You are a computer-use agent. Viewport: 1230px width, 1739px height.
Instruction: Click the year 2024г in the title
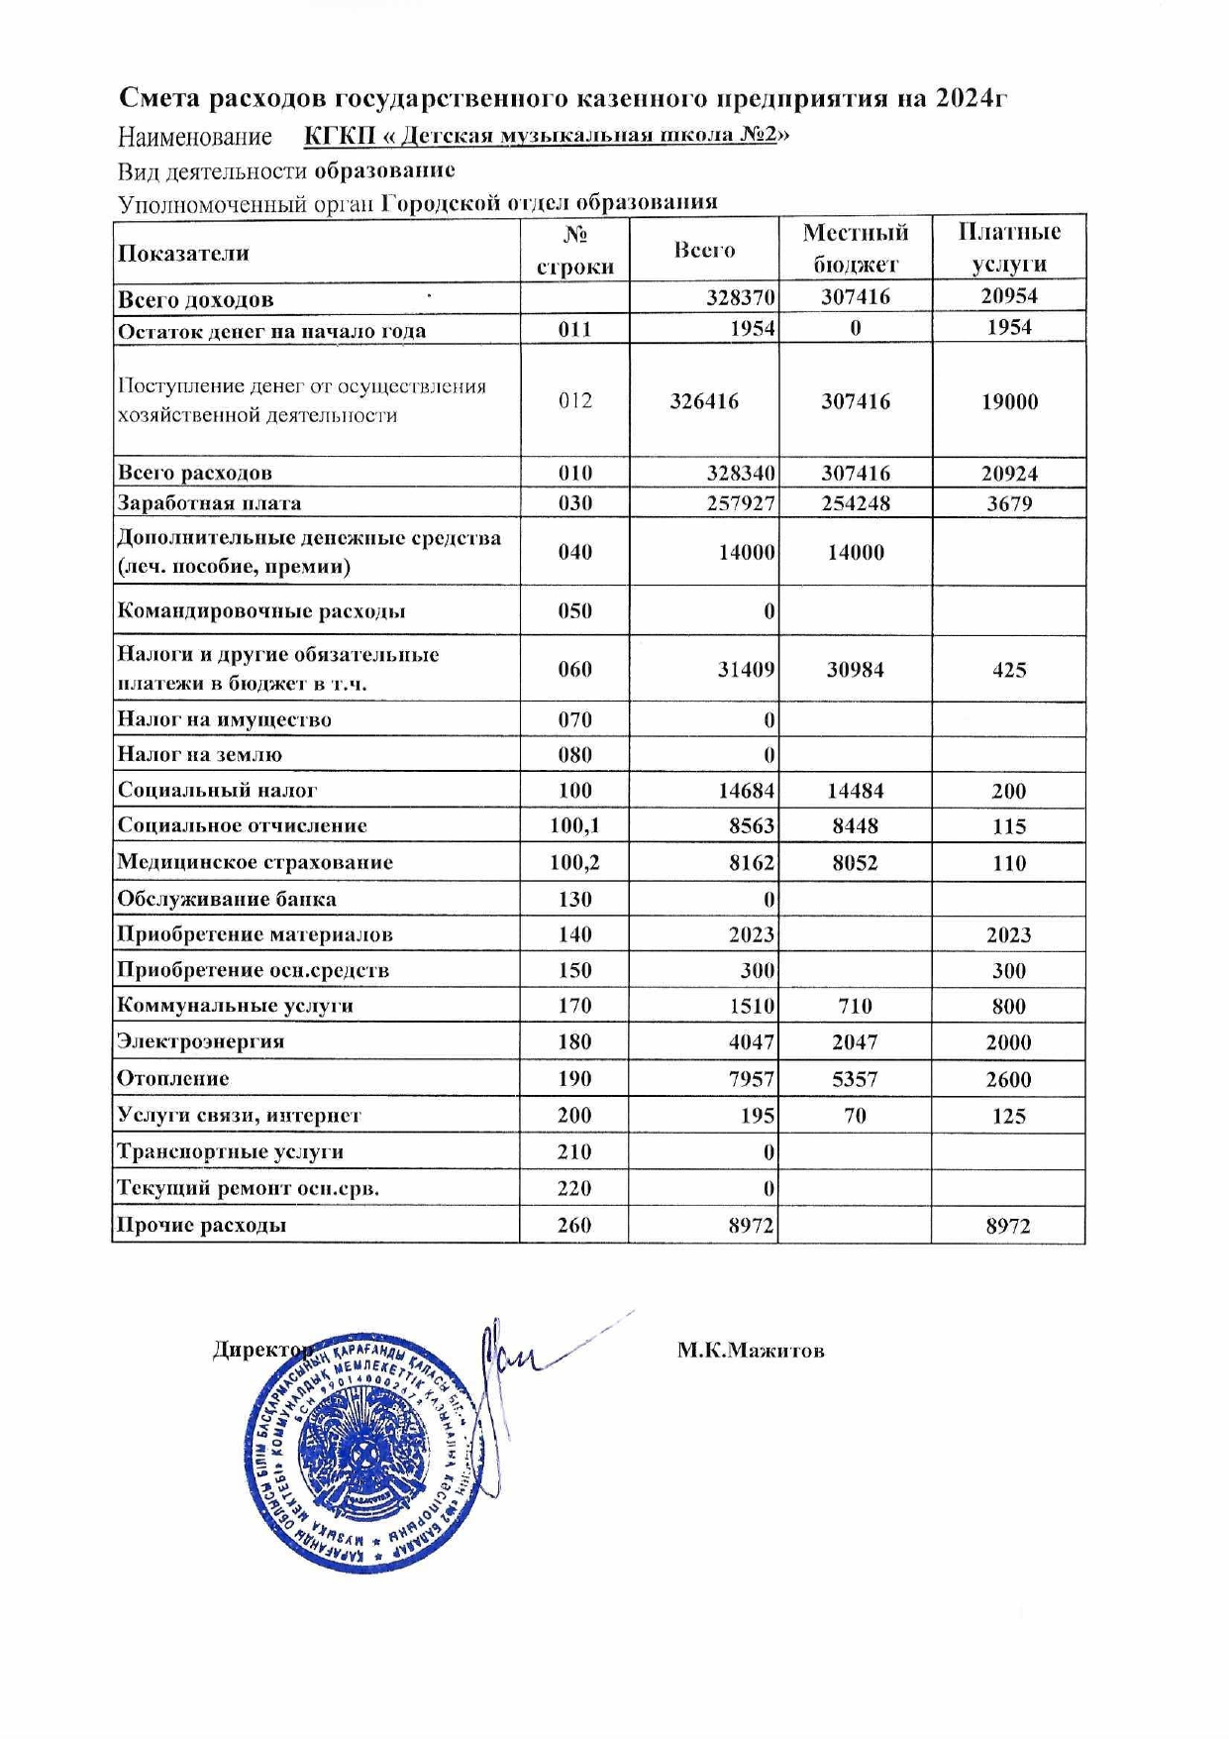(972, 98)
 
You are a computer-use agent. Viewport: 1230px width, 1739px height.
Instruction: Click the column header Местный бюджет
(856, 248)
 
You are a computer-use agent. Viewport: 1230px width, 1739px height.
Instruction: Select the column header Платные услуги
(1008, 248)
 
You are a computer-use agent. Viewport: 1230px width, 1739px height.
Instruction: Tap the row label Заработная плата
(209, 502)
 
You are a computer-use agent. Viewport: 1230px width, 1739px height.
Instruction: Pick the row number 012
(574, 401)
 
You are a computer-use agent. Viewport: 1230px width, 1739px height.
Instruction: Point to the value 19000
(1009, 401)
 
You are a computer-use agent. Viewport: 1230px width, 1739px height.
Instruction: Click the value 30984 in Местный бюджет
(856, 670)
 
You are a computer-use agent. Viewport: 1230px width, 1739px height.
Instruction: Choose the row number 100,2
(574, 863)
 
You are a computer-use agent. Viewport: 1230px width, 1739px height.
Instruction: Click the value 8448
(856, 826)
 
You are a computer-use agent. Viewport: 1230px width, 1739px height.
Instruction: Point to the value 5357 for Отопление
(855, 1079)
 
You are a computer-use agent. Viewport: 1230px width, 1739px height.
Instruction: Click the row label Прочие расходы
(202, 1225)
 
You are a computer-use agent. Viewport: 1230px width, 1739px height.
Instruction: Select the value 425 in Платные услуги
(1009, 670)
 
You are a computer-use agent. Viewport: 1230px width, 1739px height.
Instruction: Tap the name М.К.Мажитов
(751, 1351)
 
